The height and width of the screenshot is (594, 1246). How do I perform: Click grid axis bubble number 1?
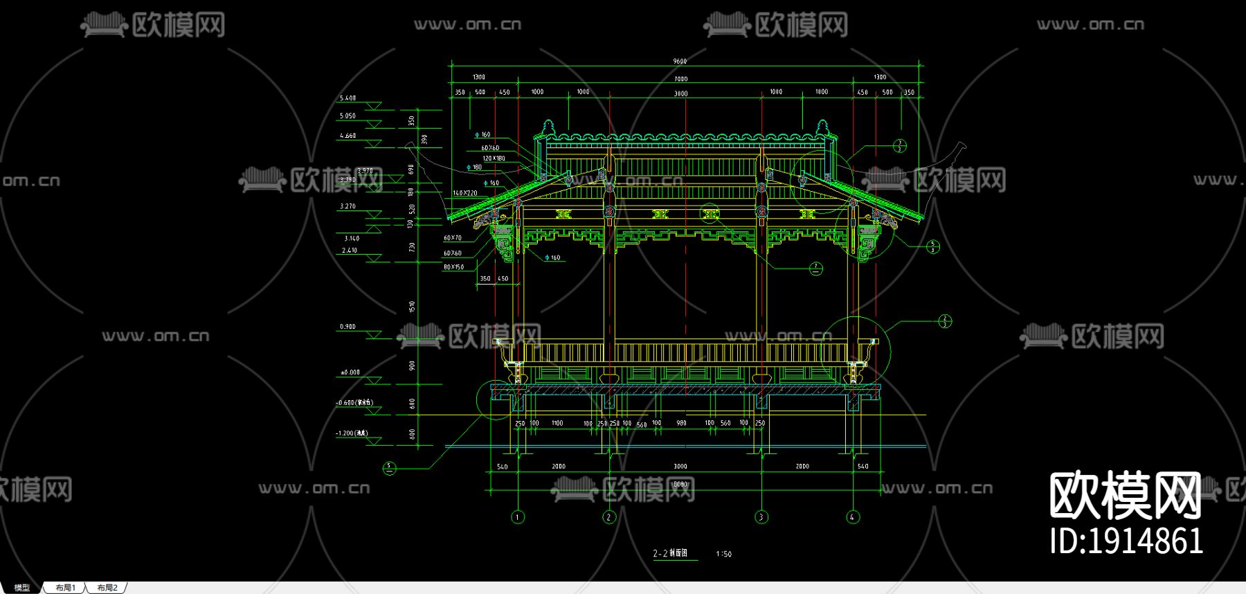[x=518, y=517]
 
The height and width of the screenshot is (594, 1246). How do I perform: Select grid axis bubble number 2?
[x=609, y=517]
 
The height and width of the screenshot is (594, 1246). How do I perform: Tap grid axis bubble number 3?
[x=761, y=517]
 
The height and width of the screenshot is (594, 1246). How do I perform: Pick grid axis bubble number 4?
[x=853, y=517]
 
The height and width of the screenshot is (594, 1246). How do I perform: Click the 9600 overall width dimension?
[x=680, y=62]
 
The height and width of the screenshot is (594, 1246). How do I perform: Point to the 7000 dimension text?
[x=681, y=79]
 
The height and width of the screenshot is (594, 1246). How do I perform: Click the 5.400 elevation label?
[x=347, y=98]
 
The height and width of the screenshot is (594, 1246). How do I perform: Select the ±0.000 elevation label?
[x=350, y=372]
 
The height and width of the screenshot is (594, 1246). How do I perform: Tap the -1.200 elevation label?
[x=352, y=433]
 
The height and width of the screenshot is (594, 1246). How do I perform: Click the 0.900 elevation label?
[x=347, y=327]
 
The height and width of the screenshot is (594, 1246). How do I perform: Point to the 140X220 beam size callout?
[x=465, y=193]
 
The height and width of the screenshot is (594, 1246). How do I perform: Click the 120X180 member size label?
[x=494, y=159]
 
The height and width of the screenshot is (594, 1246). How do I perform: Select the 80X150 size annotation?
[x=453, y=267]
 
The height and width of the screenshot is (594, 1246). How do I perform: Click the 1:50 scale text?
[x=723, y=554]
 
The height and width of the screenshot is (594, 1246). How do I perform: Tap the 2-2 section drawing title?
[x=670, y=553]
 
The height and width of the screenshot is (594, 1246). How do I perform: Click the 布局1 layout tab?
[x=65, y=588]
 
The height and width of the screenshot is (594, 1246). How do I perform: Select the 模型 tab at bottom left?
[x=22, y=588]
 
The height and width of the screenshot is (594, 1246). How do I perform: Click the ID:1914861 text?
[x=1126, y=541]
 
